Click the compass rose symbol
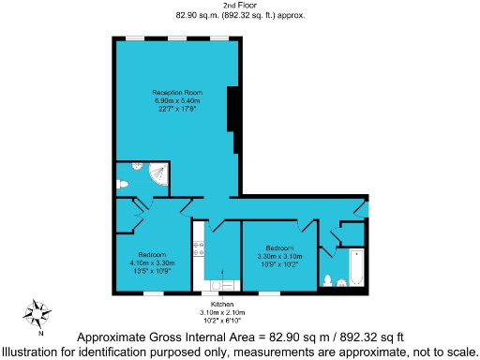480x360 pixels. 37,314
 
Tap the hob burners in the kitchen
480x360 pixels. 198,249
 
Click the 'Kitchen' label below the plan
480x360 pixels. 222,305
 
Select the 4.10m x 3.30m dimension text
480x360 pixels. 152,263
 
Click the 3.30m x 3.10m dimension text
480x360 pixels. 278,256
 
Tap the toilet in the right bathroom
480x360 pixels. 328,280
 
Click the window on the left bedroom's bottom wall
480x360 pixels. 152,293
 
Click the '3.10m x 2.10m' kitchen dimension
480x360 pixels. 222,312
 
